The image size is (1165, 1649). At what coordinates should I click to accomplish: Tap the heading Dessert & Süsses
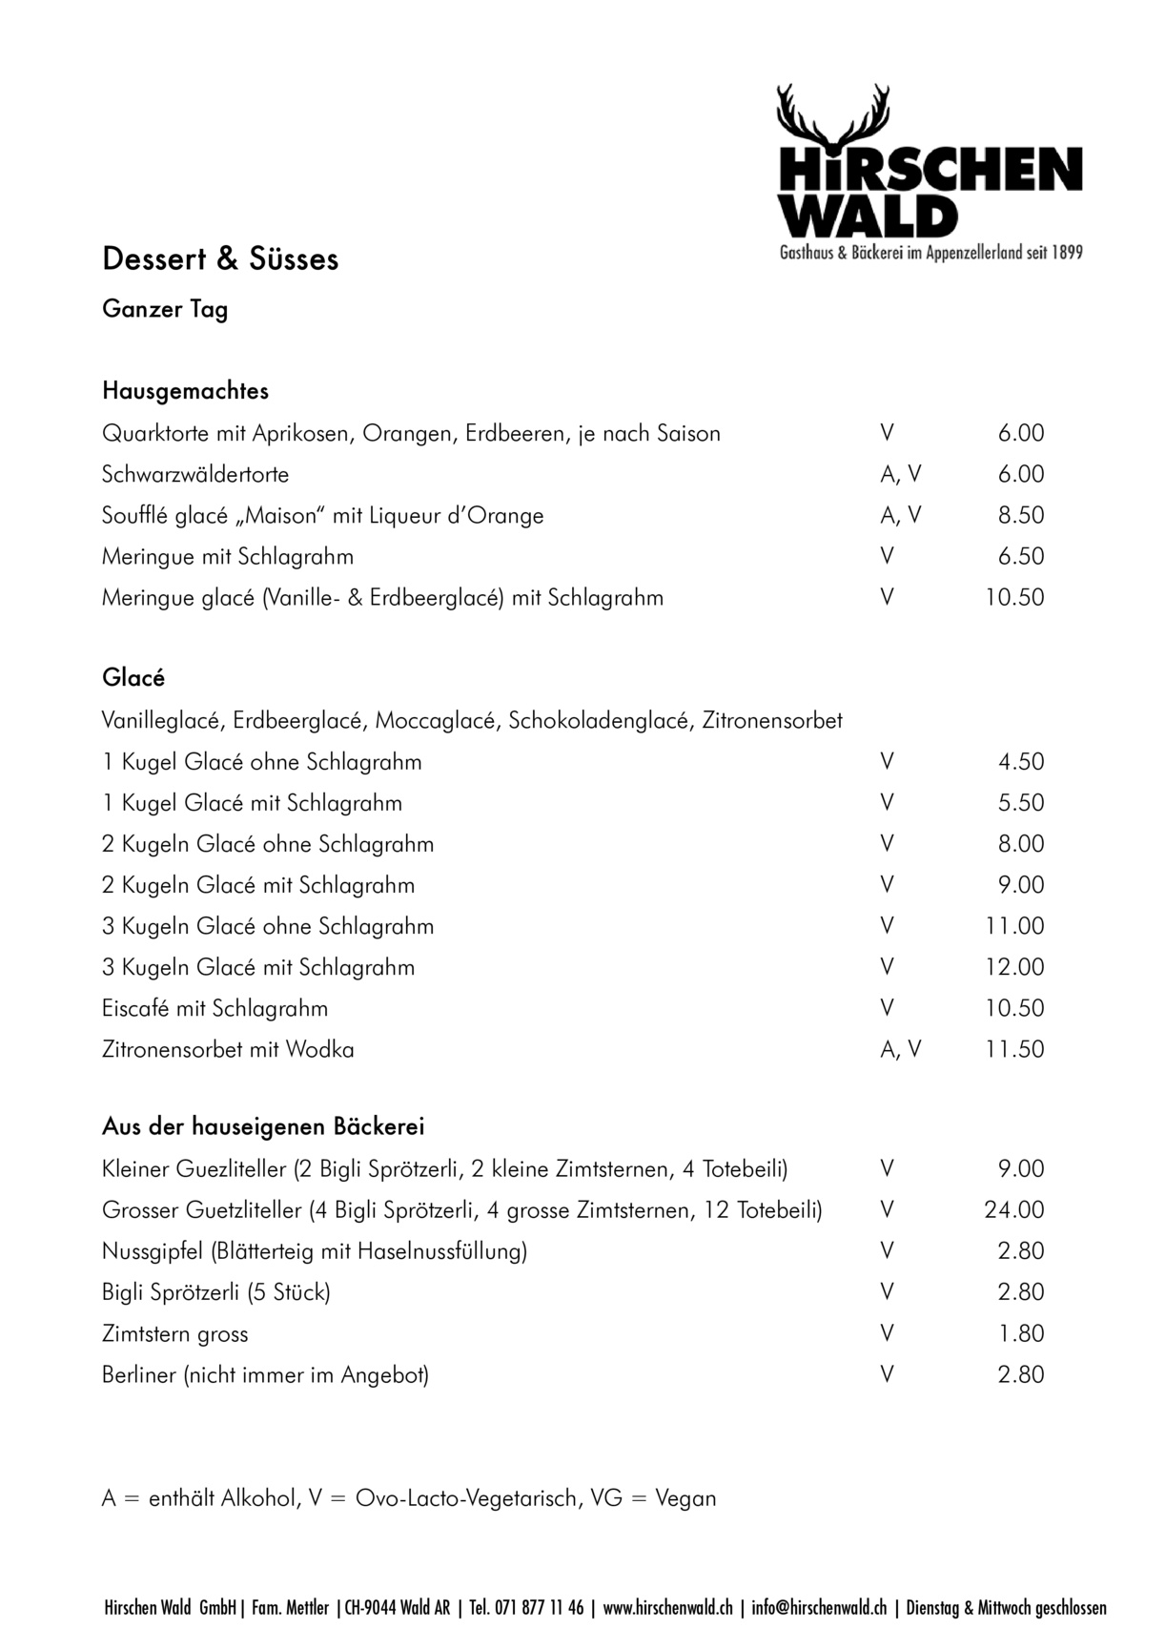click(x=220, y=259)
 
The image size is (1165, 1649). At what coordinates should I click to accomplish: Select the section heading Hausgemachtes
click(x=185, y=391)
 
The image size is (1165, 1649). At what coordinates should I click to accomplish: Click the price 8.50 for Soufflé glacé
click(x=1021, y=516)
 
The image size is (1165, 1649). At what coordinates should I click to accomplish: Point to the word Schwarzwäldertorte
click(x=195, y=475)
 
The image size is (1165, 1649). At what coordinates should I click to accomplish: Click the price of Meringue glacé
click(x=1014, y=598)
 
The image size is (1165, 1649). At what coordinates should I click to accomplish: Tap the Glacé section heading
click(x=133, y=678)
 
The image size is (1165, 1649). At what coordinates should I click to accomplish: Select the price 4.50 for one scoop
click(x=1021, y=762)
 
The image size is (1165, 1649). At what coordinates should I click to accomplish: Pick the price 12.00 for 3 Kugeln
click(x=1014, y=967)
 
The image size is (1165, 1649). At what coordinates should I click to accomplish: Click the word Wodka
click(x=319, y=1050)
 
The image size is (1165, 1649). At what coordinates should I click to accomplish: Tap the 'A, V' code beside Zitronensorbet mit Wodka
click(x=901, y=1050)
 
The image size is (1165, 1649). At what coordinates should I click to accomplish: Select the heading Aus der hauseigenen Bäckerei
click(x=263, y=1126)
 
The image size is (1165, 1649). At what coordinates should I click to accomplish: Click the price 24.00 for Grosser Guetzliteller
click(x=1014, y=1210)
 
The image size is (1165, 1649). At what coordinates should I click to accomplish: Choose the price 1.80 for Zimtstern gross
click(x=1021, y=1333)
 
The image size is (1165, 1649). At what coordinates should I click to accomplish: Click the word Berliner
click(x=139, y=1375)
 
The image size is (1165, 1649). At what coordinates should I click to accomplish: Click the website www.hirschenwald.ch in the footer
click(x=668, y=1608)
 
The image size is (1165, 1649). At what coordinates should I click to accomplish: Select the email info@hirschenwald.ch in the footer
click(x=819, y=1608)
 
